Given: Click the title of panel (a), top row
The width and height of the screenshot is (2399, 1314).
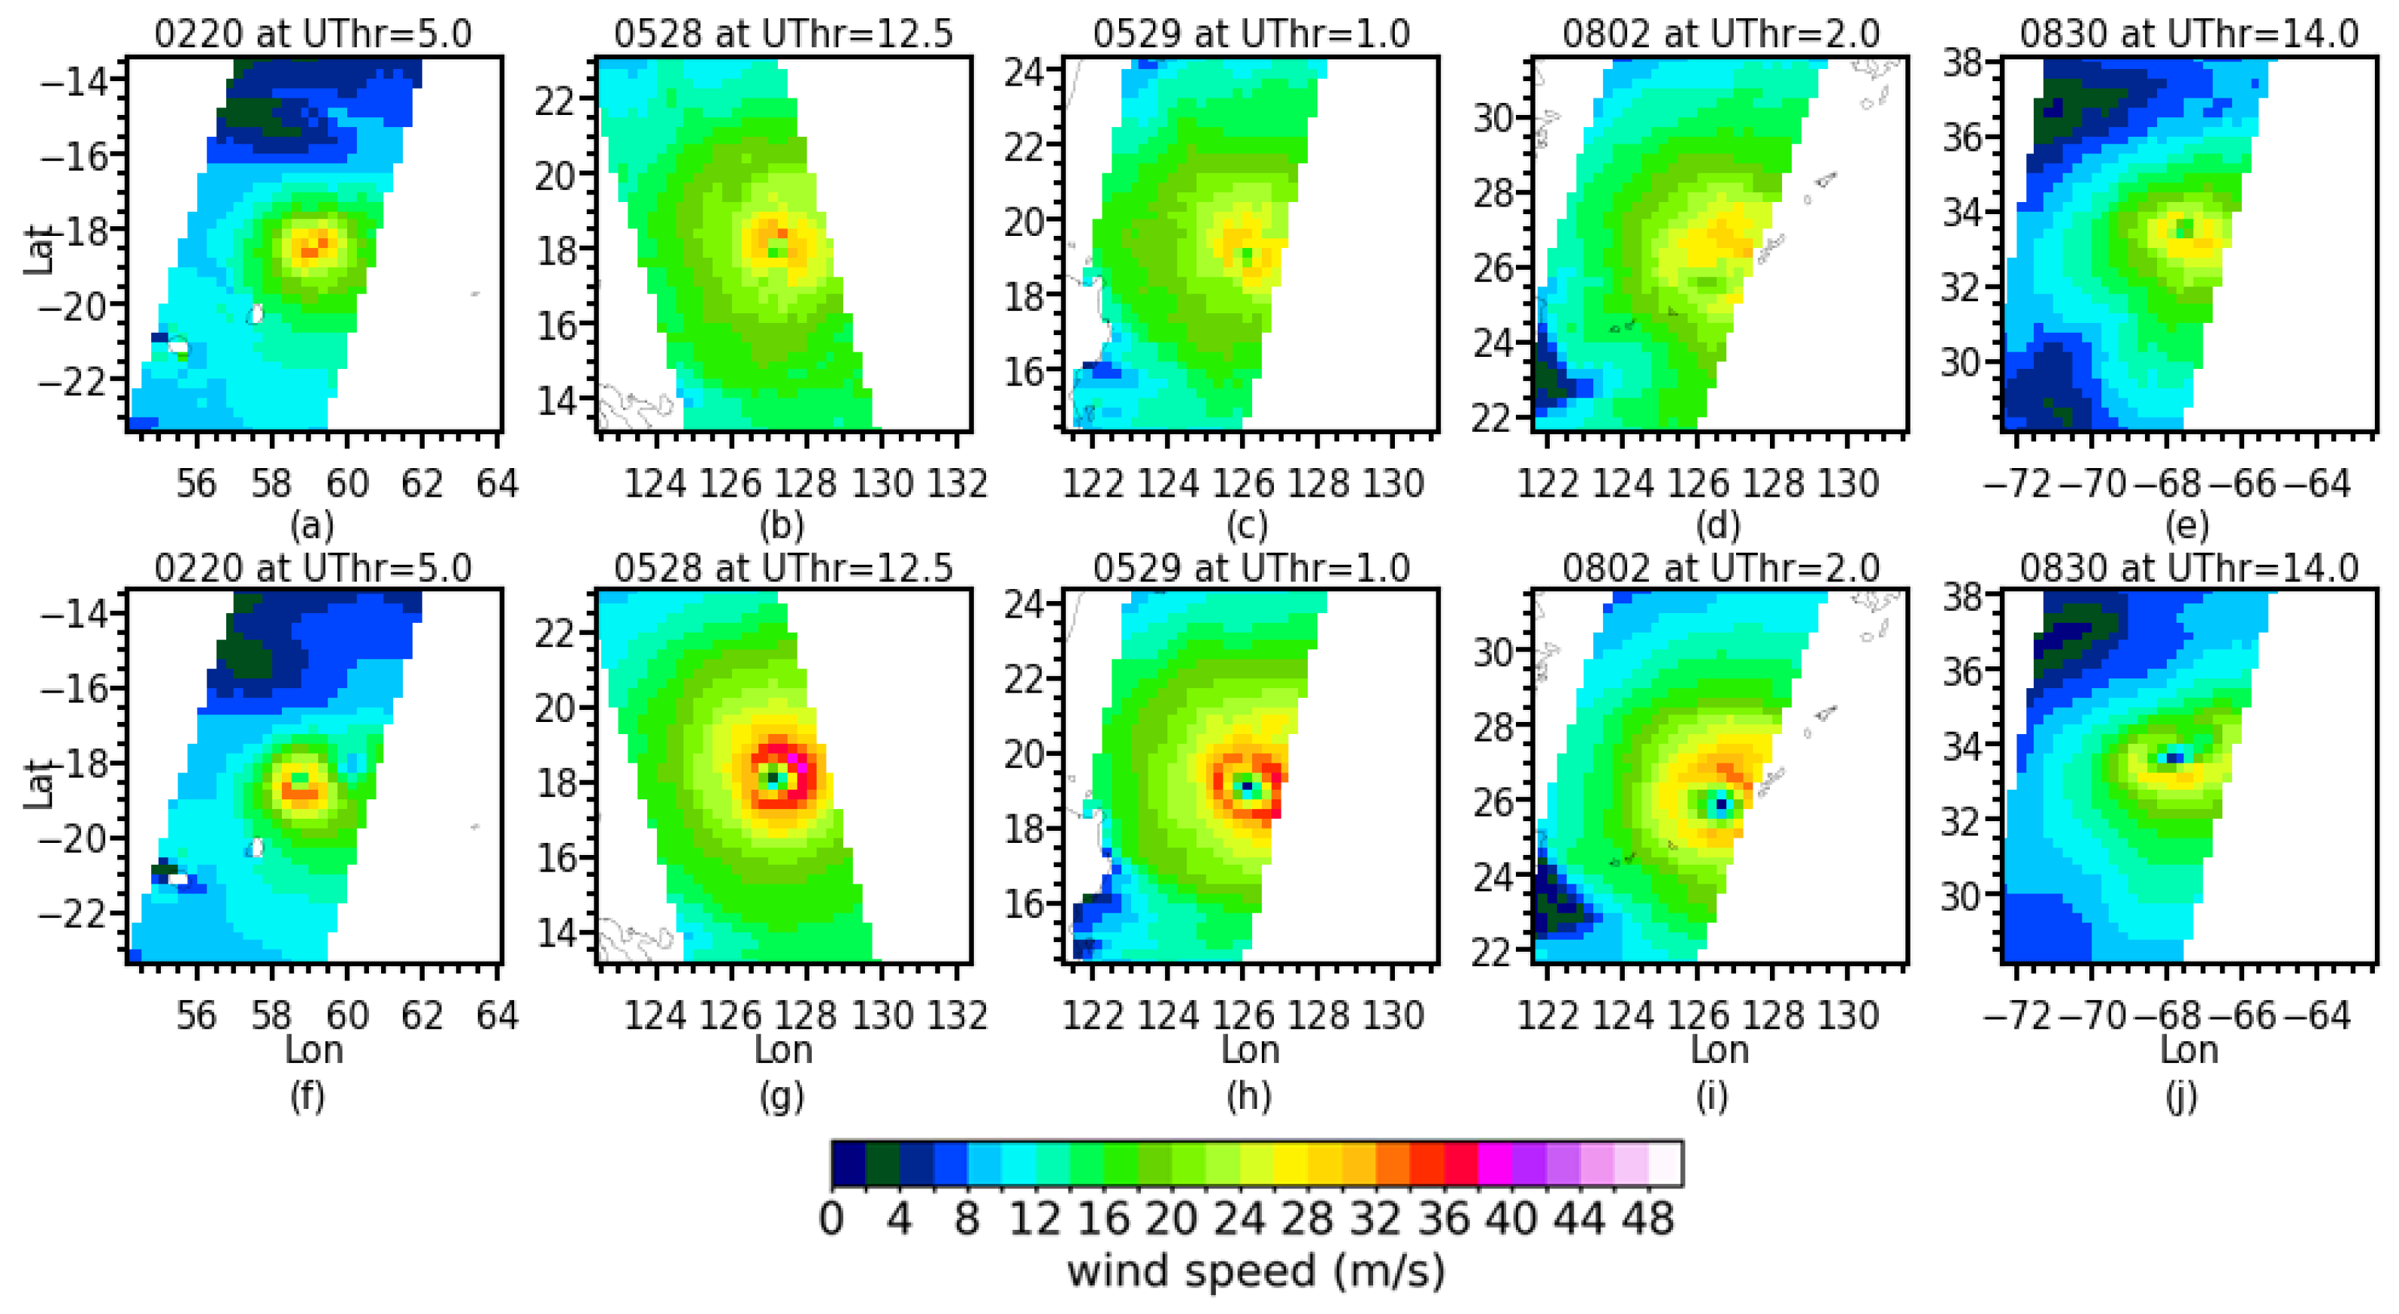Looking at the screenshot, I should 313,35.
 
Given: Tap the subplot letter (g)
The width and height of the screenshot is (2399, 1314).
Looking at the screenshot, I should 782,1096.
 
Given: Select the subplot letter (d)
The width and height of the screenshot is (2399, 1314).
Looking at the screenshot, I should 1718,526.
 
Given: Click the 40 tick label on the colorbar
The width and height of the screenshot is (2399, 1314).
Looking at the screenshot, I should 1511,1218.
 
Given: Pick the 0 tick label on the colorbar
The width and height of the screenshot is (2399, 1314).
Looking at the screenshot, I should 832,1218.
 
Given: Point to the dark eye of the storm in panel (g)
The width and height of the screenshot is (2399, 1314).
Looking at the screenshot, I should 772,778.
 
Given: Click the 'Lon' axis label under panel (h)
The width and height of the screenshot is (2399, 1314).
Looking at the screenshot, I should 1250,1050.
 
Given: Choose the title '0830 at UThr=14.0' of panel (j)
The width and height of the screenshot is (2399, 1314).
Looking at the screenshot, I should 2189,568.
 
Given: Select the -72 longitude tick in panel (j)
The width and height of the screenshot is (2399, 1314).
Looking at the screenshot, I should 2018,1015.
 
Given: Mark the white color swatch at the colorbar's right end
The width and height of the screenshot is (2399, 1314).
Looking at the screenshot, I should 1665,1164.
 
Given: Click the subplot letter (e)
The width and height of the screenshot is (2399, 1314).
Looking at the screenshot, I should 2186,526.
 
